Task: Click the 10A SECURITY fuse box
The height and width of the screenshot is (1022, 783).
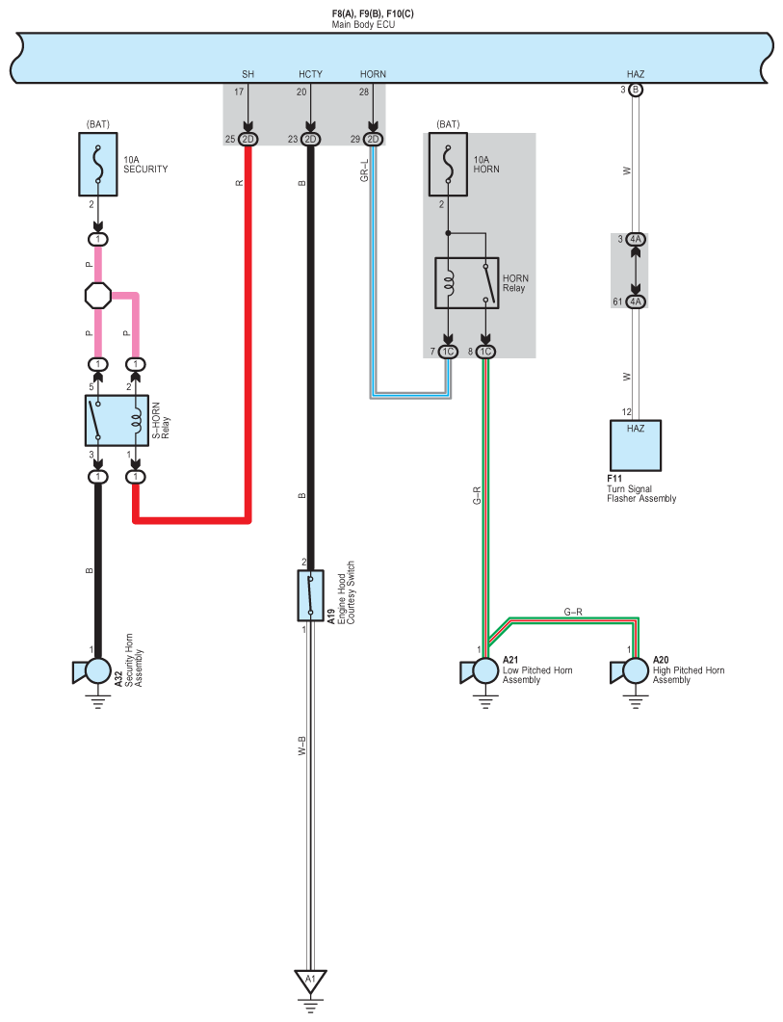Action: (x=98, y=165)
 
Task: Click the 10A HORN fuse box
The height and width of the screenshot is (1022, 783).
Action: (x=448, y=165)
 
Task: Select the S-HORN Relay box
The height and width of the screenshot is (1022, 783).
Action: (x=117, y=420)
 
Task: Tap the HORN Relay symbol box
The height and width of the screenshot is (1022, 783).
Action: (x=467, y=283)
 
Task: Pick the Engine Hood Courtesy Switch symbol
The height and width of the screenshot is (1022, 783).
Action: (x=310, y=595)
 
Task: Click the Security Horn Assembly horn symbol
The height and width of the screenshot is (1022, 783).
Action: (x=91, y=671)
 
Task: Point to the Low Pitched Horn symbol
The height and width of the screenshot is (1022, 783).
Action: (x=480, y=671)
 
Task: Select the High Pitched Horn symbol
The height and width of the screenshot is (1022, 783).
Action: (x=629, y=671)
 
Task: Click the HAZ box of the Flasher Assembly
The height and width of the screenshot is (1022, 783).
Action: (x=636, y=445)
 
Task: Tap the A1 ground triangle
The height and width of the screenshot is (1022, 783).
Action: (x=310, y=981)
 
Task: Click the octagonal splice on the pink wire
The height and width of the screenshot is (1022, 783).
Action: (x=98, y=296)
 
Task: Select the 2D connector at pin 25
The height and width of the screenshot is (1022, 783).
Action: (x=248, y=140)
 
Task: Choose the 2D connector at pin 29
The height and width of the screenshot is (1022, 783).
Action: (x=373, y=140)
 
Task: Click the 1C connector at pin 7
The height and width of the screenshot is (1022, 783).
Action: (x=448, y=352)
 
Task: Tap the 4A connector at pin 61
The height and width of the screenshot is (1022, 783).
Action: (x=636, y=301)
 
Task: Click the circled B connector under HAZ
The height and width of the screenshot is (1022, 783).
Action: (x=636, y=90)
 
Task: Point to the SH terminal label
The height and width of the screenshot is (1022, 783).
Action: (x=248, y=74)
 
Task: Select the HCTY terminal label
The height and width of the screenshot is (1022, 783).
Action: (x=310, y=74)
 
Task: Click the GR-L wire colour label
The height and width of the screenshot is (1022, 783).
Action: (x=364, y=170)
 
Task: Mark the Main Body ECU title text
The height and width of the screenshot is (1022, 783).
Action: (x=363, y=25)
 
